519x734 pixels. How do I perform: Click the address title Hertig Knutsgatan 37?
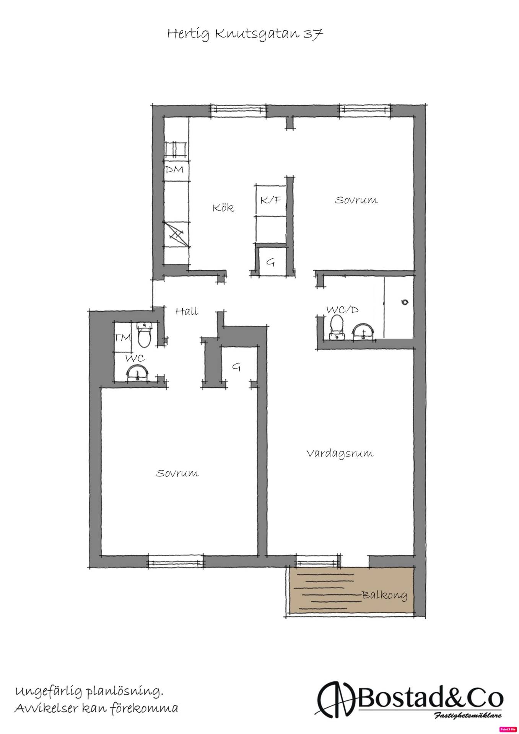click(x=245, y=34)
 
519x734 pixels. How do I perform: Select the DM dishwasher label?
click(x=174, y=169)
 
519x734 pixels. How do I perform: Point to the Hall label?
click(x=187, y=311)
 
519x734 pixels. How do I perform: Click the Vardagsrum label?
click(x=340, y=454)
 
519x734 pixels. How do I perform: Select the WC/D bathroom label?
click(x=342, y=310)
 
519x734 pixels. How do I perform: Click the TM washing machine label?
click(x=123, y=338)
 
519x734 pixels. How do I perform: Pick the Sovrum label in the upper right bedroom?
click(x=356, y=200)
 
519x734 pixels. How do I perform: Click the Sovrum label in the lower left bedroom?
click(x=177, y=473)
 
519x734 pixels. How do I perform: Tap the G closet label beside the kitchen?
click(x=271, y=263)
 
